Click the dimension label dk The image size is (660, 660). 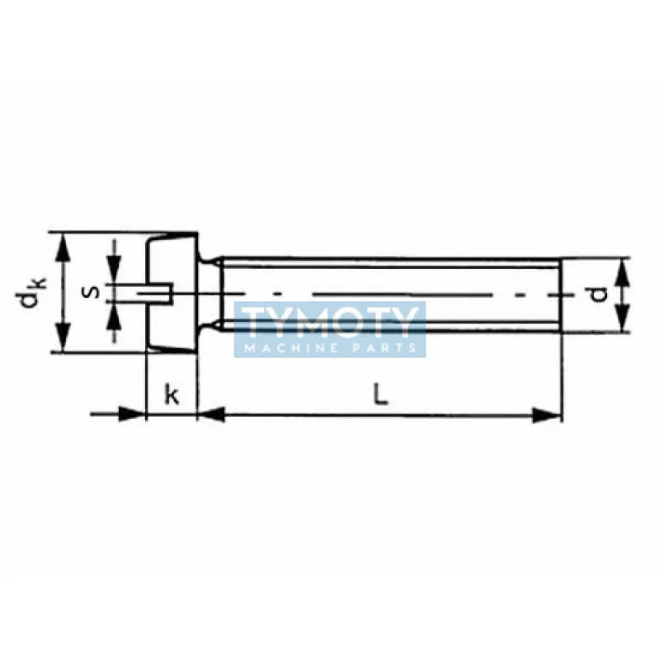(x=30, y=293)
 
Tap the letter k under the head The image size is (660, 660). (x=172, y=394)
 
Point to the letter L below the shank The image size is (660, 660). (x=380, y=395)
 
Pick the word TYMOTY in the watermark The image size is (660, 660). (x=331, y=323)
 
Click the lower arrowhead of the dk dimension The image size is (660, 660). (x=63, y=337)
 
